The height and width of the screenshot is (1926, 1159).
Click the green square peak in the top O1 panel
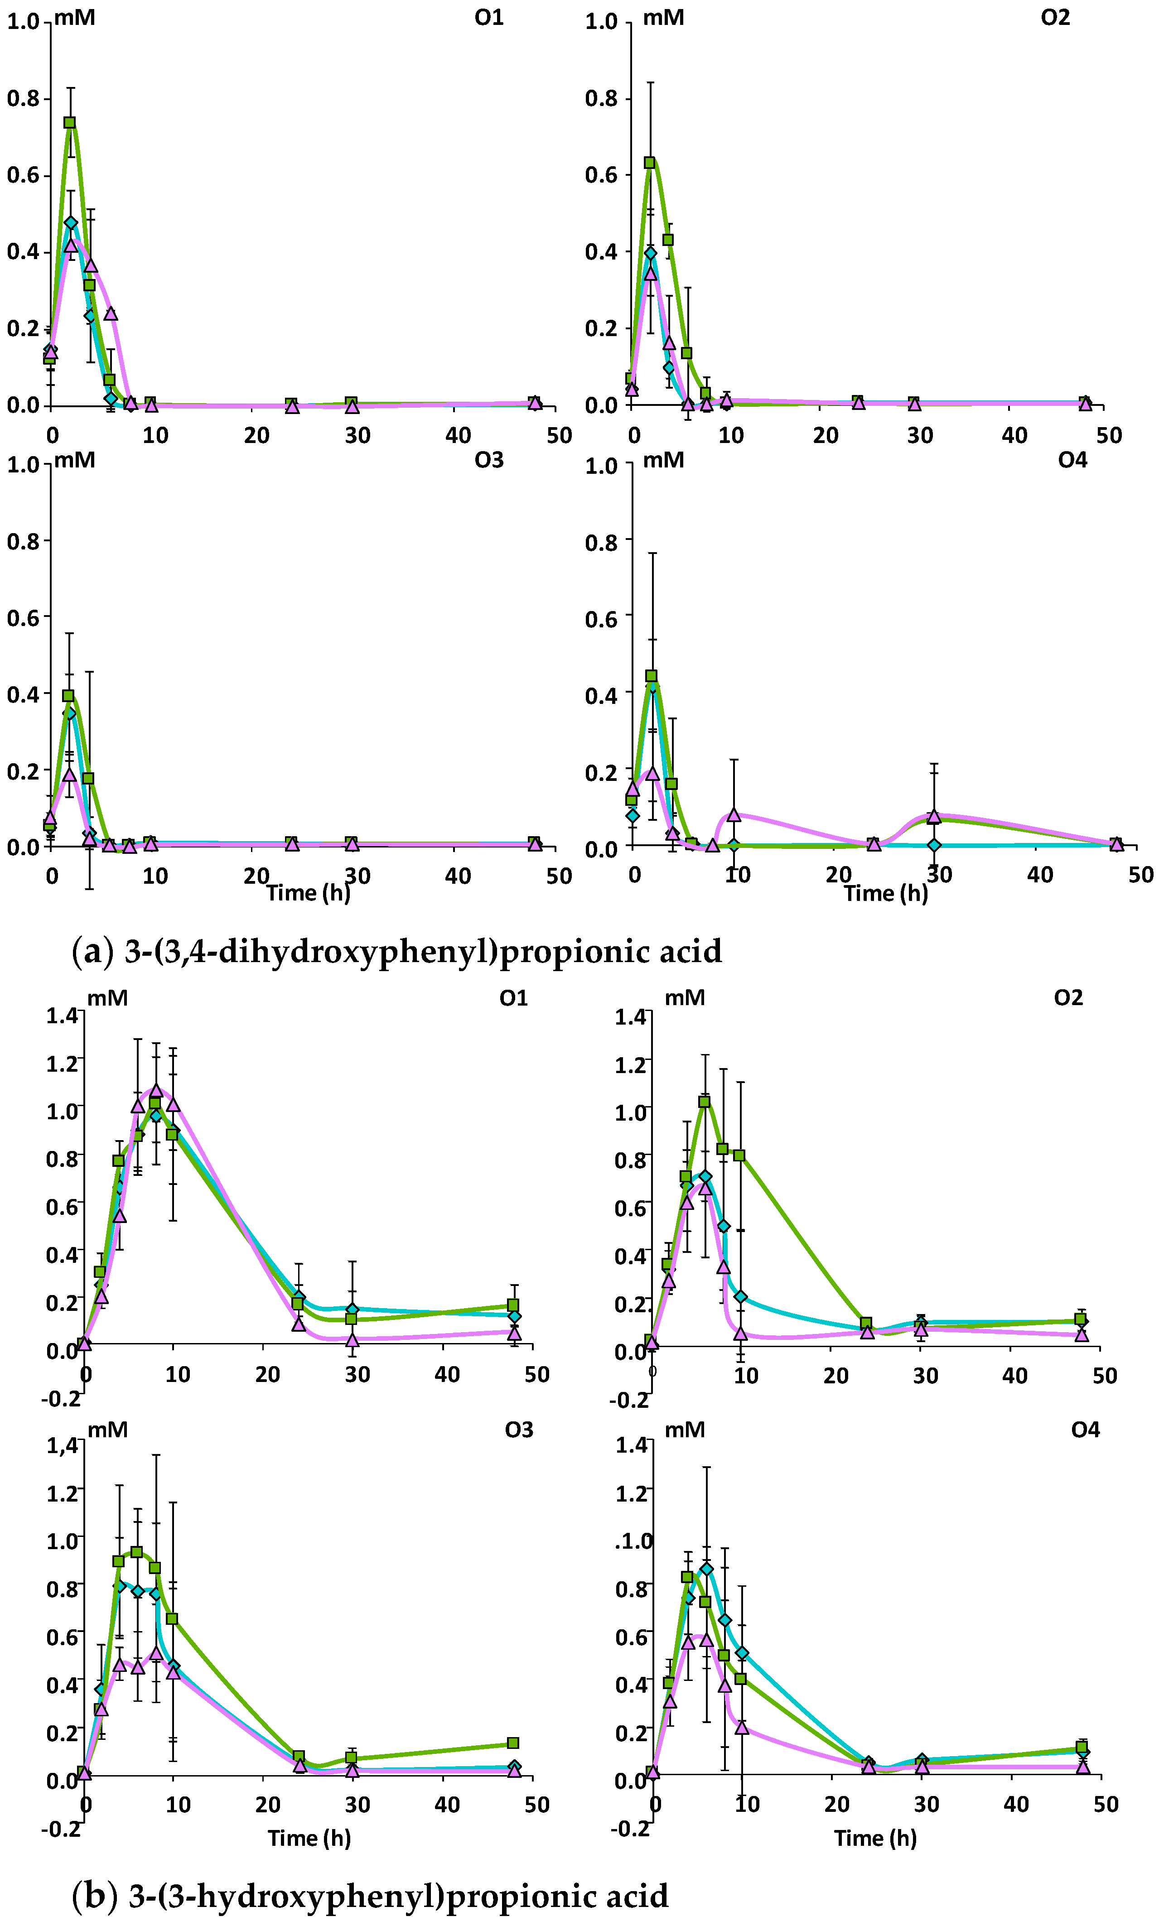point(69,123)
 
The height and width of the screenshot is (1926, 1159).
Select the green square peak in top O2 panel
point(649,162)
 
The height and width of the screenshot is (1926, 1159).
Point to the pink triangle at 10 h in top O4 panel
point(734,814)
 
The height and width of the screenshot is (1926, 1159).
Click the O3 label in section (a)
point(489,460)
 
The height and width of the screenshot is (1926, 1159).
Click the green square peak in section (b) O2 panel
point(705,1102)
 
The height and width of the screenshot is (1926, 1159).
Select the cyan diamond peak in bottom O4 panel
point(707,1569)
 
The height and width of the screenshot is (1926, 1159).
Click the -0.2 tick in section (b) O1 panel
point(61,1398)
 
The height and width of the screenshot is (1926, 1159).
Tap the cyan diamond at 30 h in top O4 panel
point(934,845)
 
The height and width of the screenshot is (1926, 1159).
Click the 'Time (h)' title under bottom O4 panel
point(875,1838)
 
